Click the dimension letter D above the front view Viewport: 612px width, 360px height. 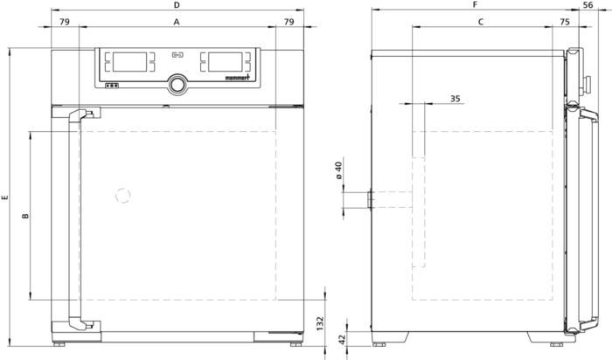click(177, 5)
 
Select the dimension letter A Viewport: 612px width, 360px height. click(177, 22)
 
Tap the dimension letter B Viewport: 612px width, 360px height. click(25, 216)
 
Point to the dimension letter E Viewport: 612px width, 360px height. click(4, 197)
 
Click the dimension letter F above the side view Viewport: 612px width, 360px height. click(475, 4)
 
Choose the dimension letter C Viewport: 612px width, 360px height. click(481, 22)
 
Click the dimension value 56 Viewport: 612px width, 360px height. click(588, 5)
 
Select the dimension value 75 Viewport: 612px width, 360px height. click(565, 22)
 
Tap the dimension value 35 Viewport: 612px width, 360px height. click(456, 99)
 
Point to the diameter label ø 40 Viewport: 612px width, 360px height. click(338, 170)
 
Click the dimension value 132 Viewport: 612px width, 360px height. click(320, 324)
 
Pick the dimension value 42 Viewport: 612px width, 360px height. click(342, 339)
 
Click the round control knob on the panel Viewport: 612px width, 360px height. click(177, 85)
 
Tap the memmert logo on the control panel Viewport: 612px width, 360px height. click(237, 78)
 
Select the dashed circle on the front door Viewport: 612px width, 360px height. click(123, 196)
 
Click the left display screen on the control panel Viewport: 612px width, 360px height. click(130, 62)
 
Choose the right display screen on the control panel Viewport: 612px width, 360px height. click(226, 62)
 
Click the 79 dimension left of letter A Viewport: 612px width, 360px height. click(65, 22)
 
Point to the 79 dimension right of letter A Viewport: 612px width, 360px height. click(289, 22)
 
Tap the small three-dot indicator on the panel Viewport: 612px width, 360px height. click(112, 86)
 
